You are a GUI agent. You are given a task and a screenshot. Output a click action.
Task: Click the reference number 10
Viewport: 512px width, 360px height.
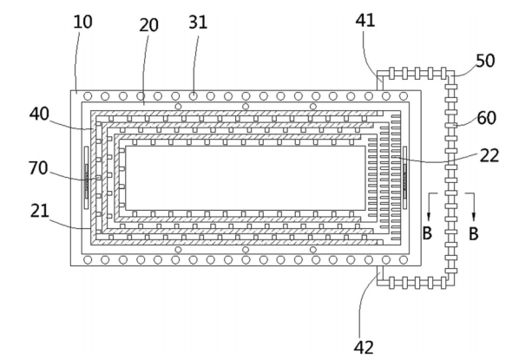(x=82, y=22)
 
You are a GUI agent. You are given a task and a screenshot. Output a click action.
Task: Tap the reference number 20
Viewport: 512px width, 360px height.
(x=149, y=25)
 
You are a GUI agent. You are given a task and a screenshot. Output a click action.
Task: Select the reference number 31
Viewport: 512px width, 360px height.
(x=198, y=23)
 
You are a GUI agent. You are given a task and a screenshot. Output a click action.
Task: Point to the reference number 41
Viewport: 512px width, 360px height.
(x=365, y=20)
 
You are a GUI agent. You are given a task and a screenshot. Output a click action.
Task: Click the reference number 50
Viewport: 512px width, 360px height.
(x=485, y=61)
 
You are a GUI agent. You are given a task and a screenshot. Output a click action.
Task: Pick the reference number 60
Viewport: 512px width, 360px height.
(x=487, y=118)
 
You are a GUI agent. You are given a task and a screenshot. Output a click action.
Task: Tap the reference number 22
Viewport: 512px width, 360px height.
(x=489, y=155)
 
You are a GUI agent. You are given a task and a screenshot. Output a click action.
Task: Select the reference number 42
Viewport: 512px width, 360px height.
(x=364, y=347)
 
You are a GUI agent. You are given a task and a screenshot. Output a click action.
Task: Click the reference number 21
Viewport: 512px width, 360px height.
(x=40, y=211)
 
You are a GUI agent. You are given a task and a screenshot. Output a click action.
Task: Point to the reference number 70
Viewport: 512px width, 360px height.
(x=38, y=168)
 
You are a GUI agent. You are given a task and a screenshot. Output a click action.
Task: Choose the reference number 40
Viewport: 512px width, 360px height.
(x=39, y=114)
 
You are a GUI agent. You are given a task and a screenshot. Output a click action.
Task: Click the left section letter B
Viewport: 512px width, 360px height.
(x=427, y=233)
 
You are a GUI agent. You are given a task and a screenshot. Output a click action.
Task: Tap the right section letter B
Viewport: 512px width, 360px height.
(x=474, y=233)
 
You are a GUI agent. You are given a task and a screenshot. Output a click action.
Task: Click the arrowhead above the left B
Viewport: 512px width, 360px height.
(x=429, y=216)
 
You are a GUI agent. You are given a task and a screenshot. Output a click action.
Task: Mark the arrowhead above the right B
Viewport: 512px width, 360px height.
(x=474, y=216)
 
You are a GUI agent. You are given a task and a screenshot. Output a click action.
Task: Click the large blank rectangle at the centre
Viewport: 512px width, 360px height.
(x=246, y=178)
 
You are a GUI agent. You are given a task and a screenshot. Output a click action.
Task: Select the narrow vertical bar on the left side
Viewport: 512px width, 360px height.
(x=86, y=177)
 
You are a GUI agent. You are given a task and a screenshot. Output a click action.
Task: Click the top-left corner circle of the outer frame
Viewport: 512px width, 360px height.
(x=88, y=96)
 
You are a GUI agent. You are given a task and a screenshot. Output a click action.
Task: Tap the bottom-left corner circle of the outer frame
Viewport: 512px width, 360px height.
(x=88, y=259)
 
